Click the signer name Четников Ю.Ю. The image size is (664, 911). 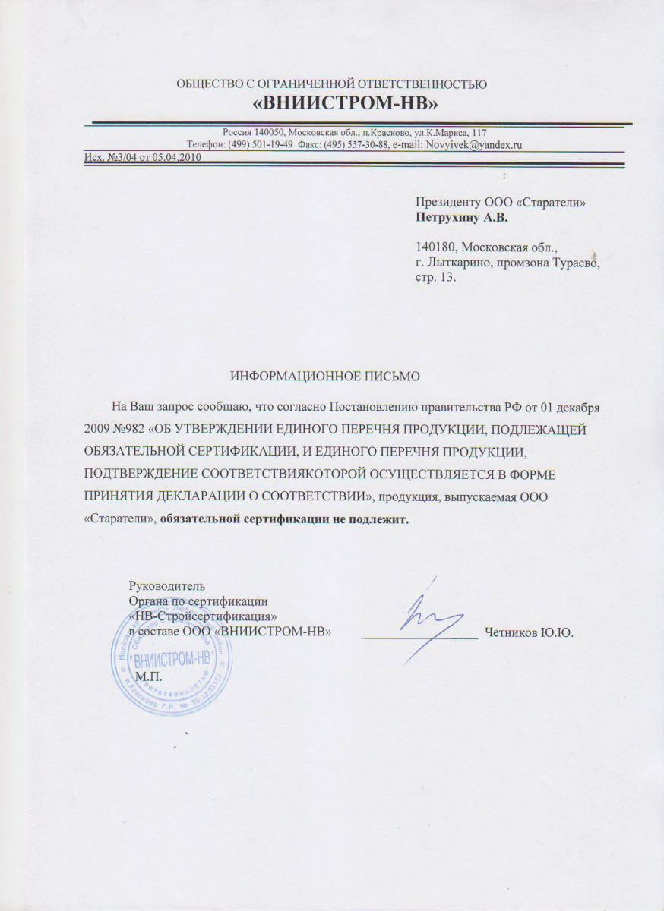coord(540,632)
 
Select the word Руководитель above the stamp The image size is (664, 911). coord(164,586)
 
